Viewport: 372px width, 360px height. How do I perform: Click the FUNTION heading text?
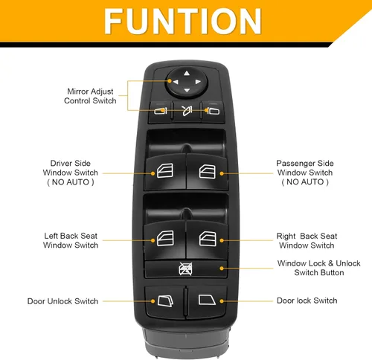[183, 21]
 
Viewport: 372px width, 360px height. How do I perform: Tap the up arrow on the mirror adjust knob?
[187, 73]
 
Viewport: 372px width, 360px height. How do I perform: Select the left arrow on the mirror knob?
[176, 82]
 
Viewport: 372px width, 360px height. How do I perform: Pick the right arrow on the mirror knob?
[198, 82]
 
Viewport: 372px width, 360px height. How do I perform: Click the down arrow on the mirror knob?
[187, 91]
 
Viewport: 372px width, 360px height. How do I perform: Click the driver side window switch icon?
[165, 170]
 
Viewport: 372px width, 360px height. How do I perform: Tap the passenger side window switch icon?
[208, 171]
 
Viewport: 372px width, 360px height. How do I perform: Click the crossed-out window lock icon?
[185, 269]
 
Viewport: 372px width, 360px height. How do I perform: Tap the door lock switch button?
[207, 302]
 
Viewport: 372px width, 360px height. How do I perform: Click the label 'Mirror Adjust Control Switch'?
[90, 96]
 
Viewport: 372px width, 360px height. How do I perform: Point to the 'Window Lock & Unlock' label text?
[318, 263]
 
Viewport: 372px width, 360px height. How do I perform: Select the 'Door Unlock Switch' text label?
[62, 301]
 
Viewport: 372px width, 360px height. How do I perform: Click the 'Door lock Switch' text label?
[307, 300]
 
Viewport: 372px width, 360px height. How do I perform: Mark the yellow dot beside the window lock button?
[222, 269]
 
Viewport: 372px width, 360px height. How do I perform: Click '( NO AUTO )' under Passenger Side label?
[305, 182]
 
